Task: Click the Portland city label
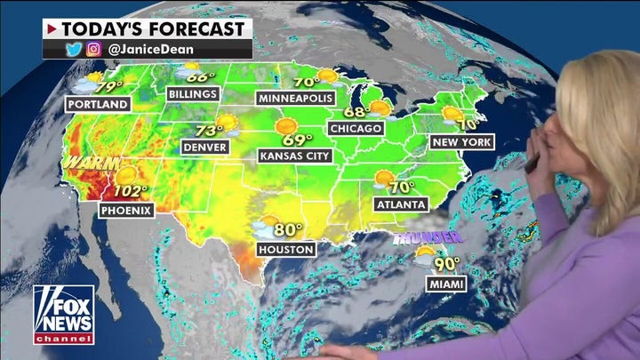(98, 104)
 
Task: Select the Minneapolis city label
(297, 97)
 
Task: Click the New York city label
(460, 142)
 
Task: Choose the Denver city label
(204, 147)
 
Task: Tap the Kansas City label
(293, 156)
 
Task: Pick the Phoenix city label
(126, 210)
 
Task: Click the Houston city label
(285, 250)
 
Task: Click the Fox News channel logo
(63, 314)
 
